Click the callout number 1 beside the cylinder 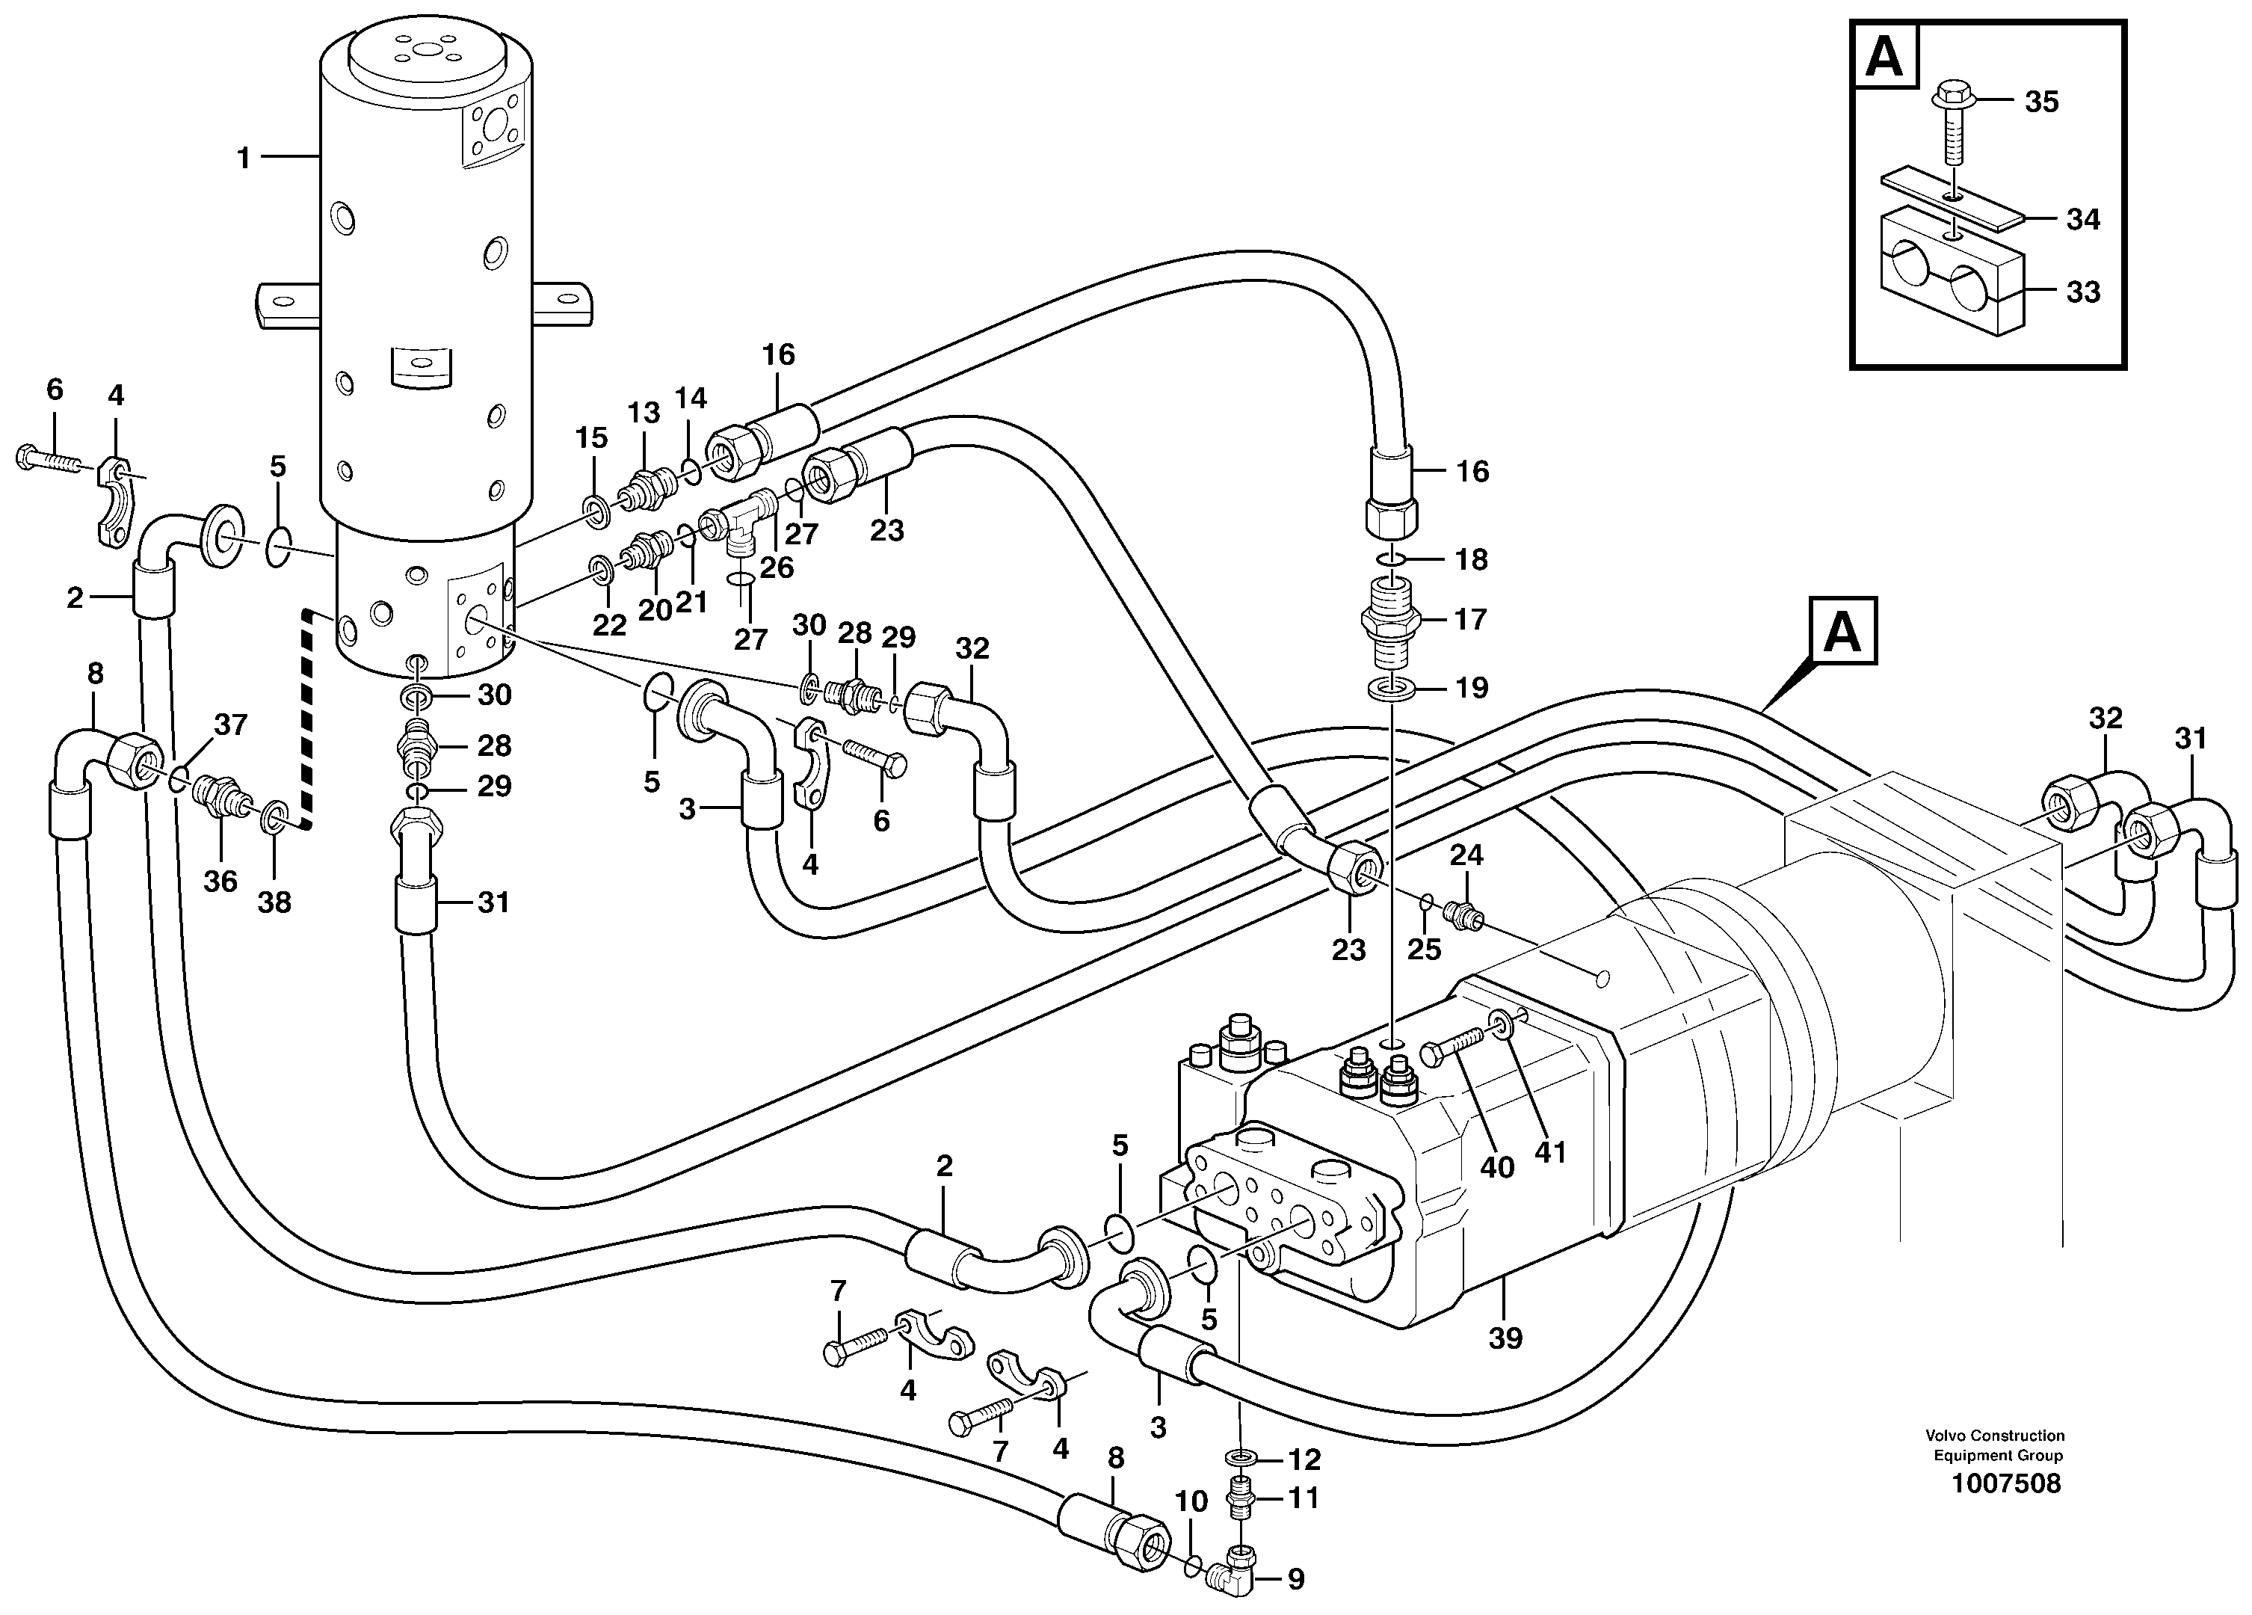pos(243,158)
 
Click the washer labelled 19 pos(1390,687)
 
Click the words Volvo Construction pos(1995,1463)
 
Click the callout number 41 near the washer pos(1550,1151)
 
